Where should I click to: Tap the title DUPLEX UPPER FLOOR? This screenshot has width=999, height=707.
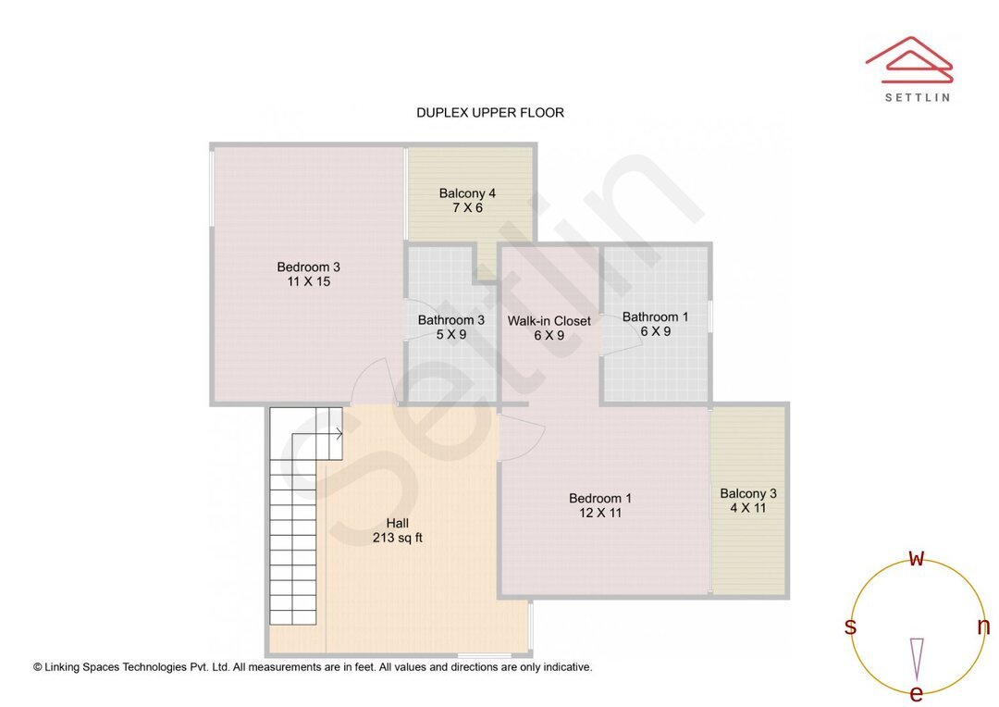point(489,113)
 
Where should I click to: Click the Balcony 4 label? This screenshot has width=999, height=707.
point(467,193)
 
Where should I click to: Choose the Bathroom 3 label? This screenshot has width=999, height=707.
point(450,320)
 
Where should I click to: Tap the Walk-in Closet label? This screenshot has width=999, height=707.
point(549,321)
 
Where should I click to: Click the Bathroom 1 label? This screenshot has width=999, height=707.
point(655,316)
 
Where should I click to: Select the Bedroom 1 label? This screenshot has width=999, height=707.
point(600,499)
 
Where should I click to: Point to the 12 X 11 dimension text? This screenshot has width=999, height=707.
point(600,514)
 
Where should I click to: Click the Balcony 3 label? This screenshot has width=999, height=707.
point(748,493)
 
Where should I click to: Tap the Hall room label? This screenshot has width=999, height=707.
point(397,523)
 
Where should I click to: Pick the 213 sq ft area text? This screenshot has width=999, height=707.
point(397,538)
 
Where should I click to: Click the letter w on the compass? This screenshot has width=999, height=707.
point(917,558)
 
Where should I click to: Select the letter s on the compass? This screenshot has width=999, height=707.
point(850,627)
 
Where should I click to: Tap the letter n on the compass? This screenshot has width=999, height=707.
point(982,627)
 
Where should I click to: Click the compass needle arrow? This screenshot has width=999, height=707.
point(917,657)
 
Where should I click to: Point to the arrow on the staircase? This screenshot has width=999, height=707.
point(338,432)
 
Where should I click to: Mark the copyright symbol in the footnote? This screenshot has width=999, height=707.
point(38,667)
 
